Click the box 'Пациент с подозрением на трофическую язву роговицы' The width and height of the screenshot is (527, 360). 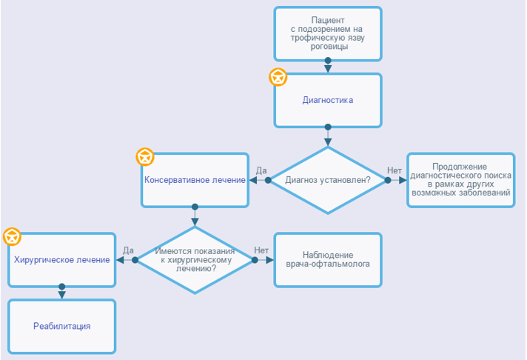(328, 33)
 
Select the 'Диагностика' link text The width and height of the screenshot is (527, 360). (328, 100)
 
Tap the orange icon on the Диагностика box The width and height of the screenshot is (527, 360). (278, 77)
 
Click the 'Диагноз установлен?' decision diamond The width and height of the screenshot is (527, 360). (328, 180)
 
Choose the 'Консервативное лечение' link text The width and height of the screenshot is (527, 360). (195, 180)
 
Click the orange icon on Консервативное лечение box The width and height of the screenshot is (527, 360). (145, 157)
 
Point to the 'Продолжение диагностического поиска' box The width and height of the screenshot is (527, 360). (461, 180)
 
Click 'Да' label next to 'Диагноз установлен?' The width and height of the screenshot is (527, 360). (261, 170)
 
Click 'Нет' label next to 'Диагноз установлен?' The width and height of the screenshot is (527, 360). (395, 170)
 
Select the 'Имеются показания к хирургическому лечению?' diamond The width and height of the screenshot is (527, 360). (195, 260)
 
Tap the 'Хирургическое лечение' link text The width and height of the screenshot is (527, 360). (62, 260)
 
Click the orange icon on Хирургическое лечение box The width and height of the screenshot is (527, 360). (12, 236)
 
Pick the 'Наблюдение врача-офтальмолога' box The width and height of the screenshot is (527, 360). (328, 260)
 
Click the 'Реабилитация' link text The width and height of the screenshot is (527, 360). (62, 326)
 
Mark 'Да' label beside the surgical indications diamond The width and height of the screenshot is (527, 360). (128, 250)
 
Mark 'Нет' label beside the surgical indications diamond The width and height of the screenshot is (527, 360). (261, 250)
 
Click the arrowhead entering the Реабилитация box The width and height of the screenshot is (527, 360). (62, 295)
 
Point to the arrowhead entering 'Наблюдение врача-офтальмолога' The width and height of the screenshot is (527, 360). (270, 260)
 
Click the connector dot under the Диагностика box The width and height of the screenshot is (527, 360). (328, 127)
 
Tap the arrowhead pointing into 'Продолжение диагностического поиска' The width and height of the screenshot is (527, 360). (403, 180)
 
